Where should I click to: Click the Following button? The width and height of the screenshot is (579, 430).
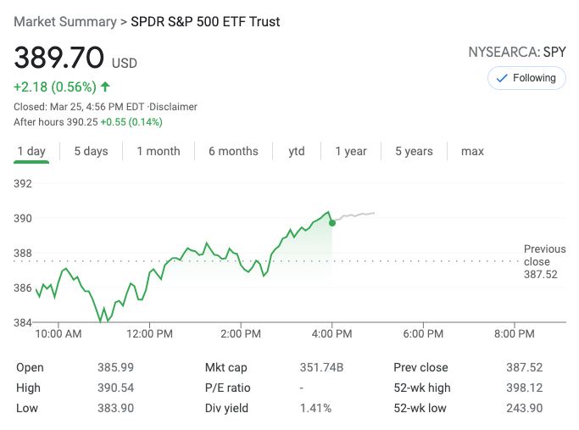pos(526,78)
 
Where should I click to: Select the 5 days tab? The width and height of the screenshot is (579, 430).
pos(91,151)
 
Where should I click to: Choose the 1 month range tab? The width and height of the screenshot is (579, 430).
pos(159,151)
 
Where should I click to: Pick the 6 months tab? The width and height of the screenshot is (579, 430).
pos(233,151)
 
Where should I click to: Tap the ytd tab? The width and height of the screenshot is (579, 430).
pos(296,151)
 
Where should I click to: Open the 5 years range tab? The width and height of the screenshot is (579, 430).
pos(414,151)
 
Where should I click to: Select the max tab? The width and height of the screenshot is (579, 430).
pos(472,151)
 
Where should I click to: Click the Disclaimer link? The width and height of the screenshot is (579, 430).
pos(174,107)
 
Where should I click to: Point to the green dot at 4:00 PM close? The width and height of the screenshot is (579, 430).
pos(331,222)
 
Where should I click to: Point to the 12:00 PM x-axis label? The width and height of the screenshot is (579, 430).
pos(150,334)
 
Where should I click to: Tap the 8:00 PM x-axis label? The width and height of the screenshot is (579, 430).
pos(514,334)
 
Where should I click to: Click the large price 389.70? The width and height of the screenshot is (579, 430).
pos(59,59)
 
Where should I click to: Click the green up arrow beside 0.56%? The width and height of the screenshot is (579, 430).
pos(105,87)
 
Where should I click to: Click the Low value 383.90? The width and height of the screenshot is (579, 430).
pos(115,408)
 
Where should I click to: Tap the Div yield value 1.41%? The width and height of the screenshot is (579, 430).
pos(315,408)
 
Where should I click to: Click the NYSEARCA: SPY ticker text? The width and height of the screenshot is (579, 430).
pos(517,53)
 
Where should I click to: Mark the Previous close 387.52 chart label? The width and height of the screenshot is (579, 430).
pos(544,261)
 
